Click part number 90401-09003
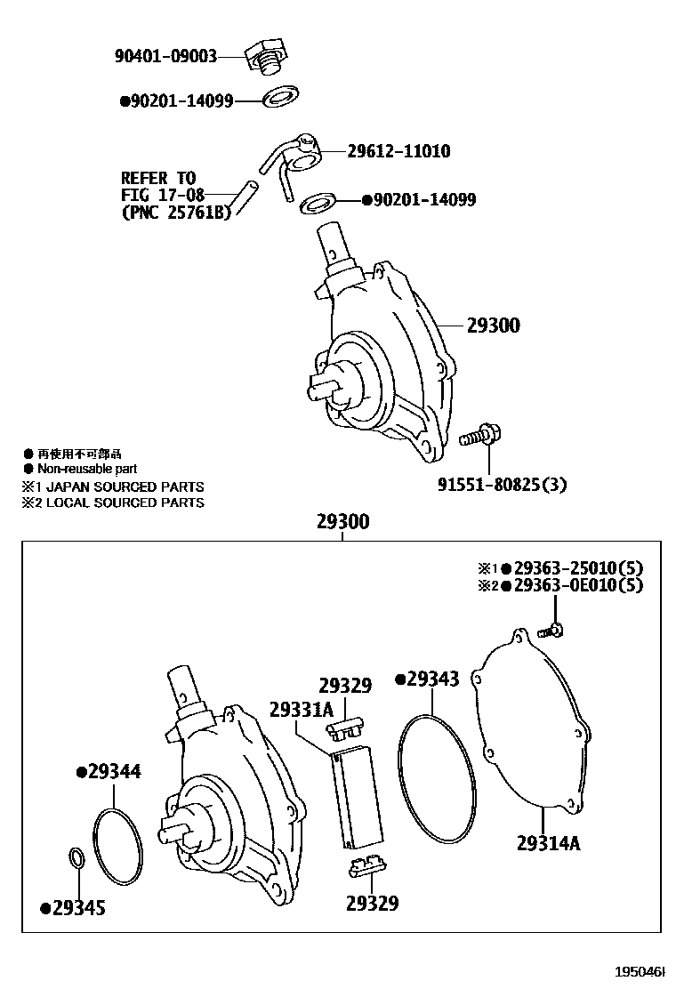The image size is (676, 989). click(x=165, y=56)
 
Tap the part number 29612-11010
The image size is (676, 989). click(x=398, y=151)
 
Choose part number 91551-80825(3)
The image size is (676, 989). click(x=502, y=485)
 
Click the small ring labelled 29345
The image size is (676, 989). click(x=76, y=858)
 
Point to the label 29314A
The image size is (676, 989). click(x=548, y=842)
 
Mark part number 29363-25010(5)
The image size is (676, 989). click(x=578, y=568)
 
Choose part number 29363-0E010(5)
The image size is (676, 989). click(x=578, y=585)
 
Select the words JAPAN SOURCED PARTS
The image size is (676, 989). click(x=124, y=486)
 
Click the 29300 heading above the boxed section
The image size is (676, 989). click(x=342, y=522)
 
